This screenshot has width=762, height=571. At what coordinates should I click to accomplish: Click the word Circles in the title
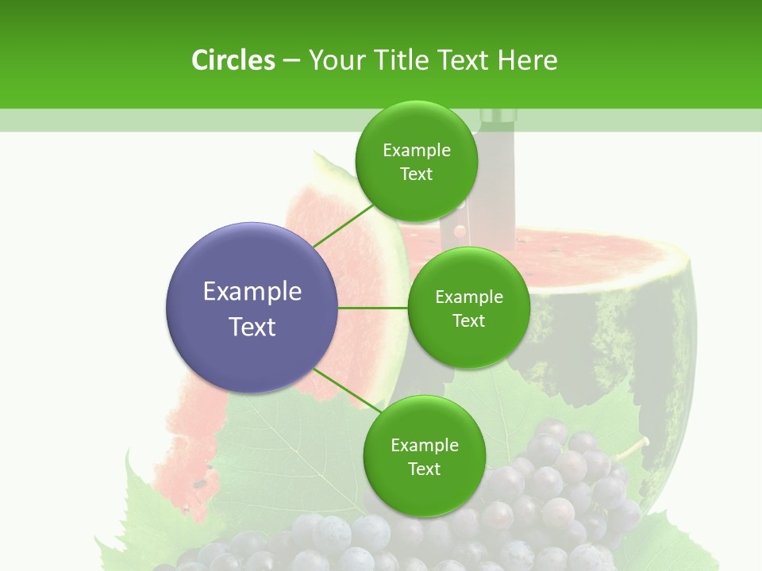(x=233, y=60)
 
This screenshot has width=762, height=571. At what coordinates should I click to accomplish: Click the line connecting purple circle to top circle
(x=343, y=224)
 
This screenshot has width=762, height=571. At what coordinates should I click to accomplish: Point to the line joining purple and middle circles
(x=373, y=308)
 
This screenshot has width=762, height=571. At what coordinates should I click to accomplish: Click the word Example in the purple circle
(x=252, y=292)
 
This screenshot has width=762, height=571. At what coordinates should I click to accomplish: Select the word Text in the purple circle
(x=252, y=327)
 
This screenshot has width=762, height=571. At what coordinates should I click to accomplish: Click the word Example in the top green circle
(x=417, y=151)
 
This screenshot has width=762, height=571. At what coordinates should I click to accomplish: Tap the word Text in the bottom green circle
(x=424, y=469)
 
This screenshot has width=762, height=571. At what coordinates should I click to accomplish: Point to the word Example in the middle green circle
(x=469, y=297)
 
